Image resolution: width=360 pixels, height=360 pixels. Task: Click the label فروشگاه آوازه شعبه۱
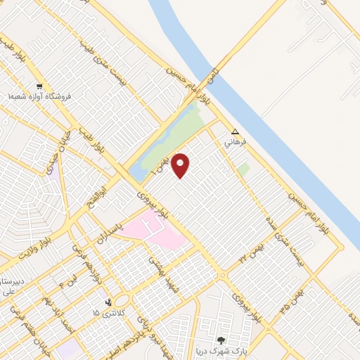pos(41,96)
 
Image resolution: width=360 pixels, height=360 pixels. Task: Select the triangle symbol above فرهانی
pos(236,131)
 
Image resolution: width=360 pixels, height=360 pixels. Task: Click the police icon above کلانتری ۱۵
pos(108,302)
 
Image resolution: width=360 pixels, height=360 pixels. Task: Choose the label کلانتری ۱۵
pos(111,312)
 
